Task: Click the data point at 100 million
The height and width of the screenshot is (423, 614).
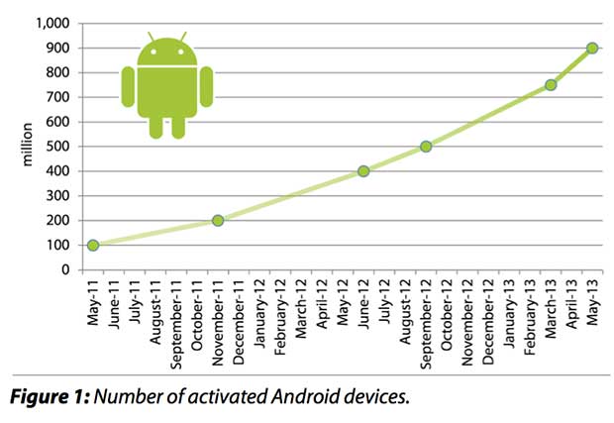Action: point(93,245)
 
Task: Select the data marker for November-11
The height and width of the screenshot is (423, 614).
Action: point(218,220)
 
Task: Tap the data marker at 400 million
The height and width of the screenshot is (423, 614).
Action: point(363,170)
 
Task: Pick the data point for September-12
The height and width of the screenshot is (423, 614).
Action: point(426,147)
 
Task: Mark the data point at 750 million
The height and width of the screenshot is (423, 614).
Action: point(551,85)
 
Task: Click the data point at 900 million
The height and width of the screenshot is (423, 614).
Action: point(592,48)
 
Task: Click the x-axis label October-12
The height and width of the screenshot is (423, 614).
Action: point(447,310)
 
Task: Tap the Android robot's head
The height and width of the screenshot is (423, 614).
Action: point(166,52)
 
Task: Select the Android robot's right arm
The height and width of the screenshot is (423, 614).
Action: point(206,86)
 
